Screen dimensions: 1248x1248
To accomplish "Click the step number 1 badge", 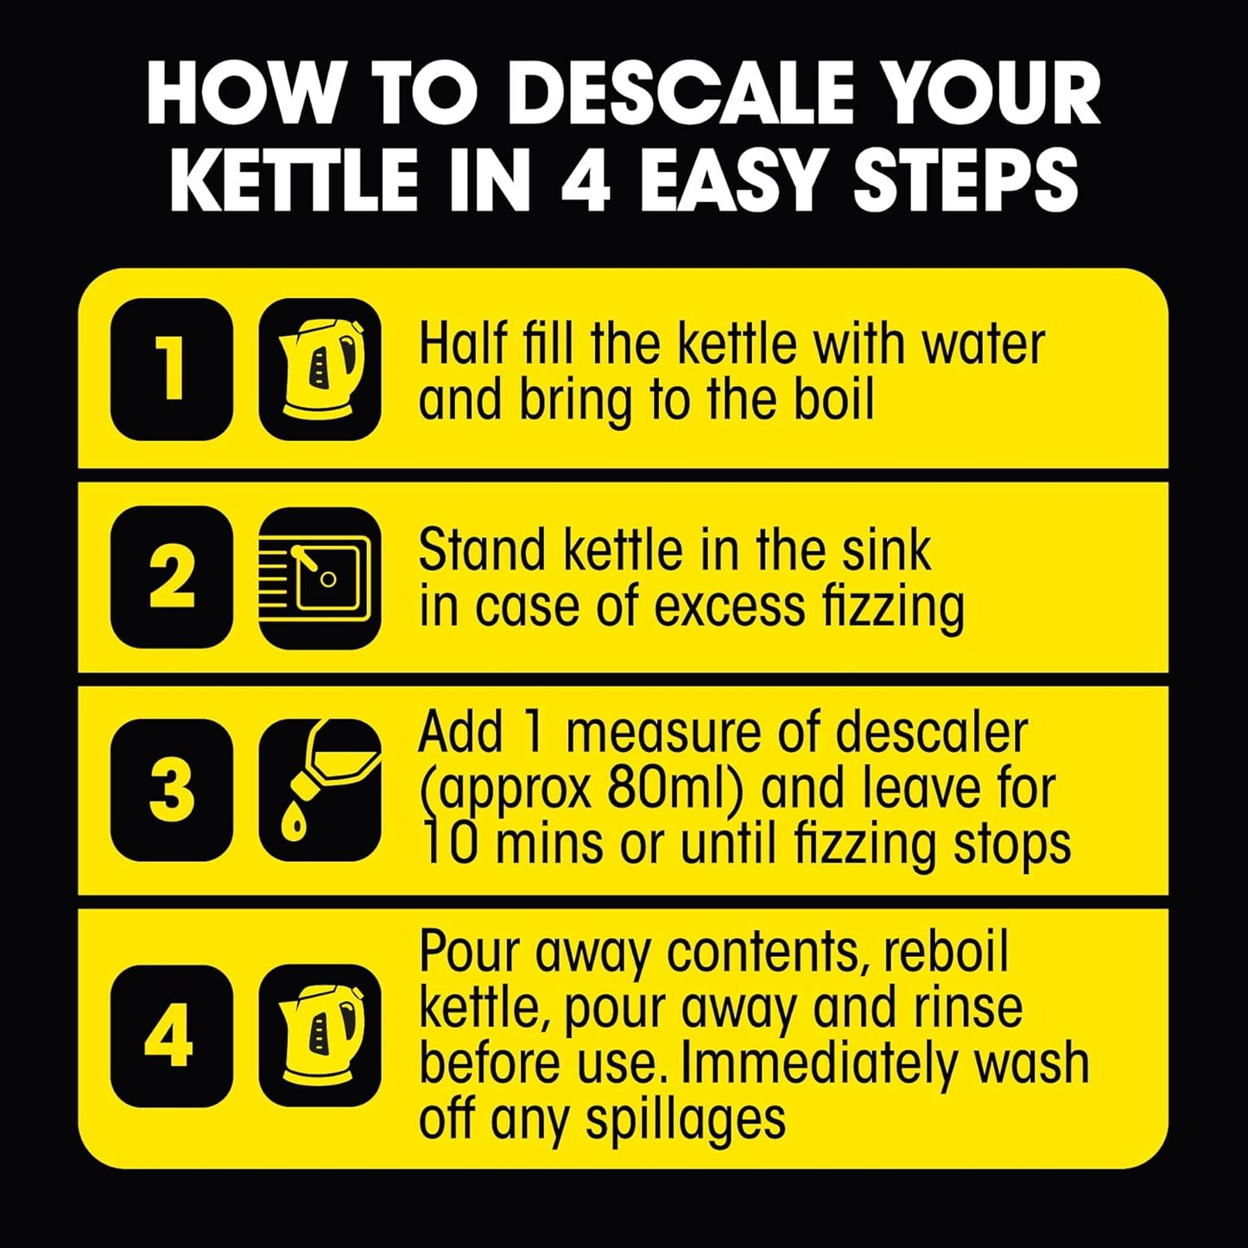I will tap(172, 369).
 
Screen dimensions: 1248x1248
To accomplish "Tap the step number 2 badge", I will tap(172, 577).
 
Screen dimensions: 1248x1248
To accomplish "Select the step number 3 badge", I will tap(172, 789).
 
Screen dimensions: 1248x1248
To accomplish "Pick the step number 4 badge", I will tap(172, 1036).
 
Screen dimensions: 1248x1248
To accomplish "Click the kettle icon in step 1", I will tap(320, 369).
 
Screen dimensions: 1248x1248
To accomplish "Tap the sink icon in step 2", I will tap(320, 577).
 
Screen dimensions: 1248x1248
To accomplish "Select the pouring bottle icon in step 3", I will tap(320, 789).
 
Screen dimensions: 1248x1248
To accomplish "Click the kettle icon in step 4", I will tap(320, 1036).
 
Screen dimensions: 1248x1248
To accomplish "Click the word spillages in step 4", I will tap(686, 1119).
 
